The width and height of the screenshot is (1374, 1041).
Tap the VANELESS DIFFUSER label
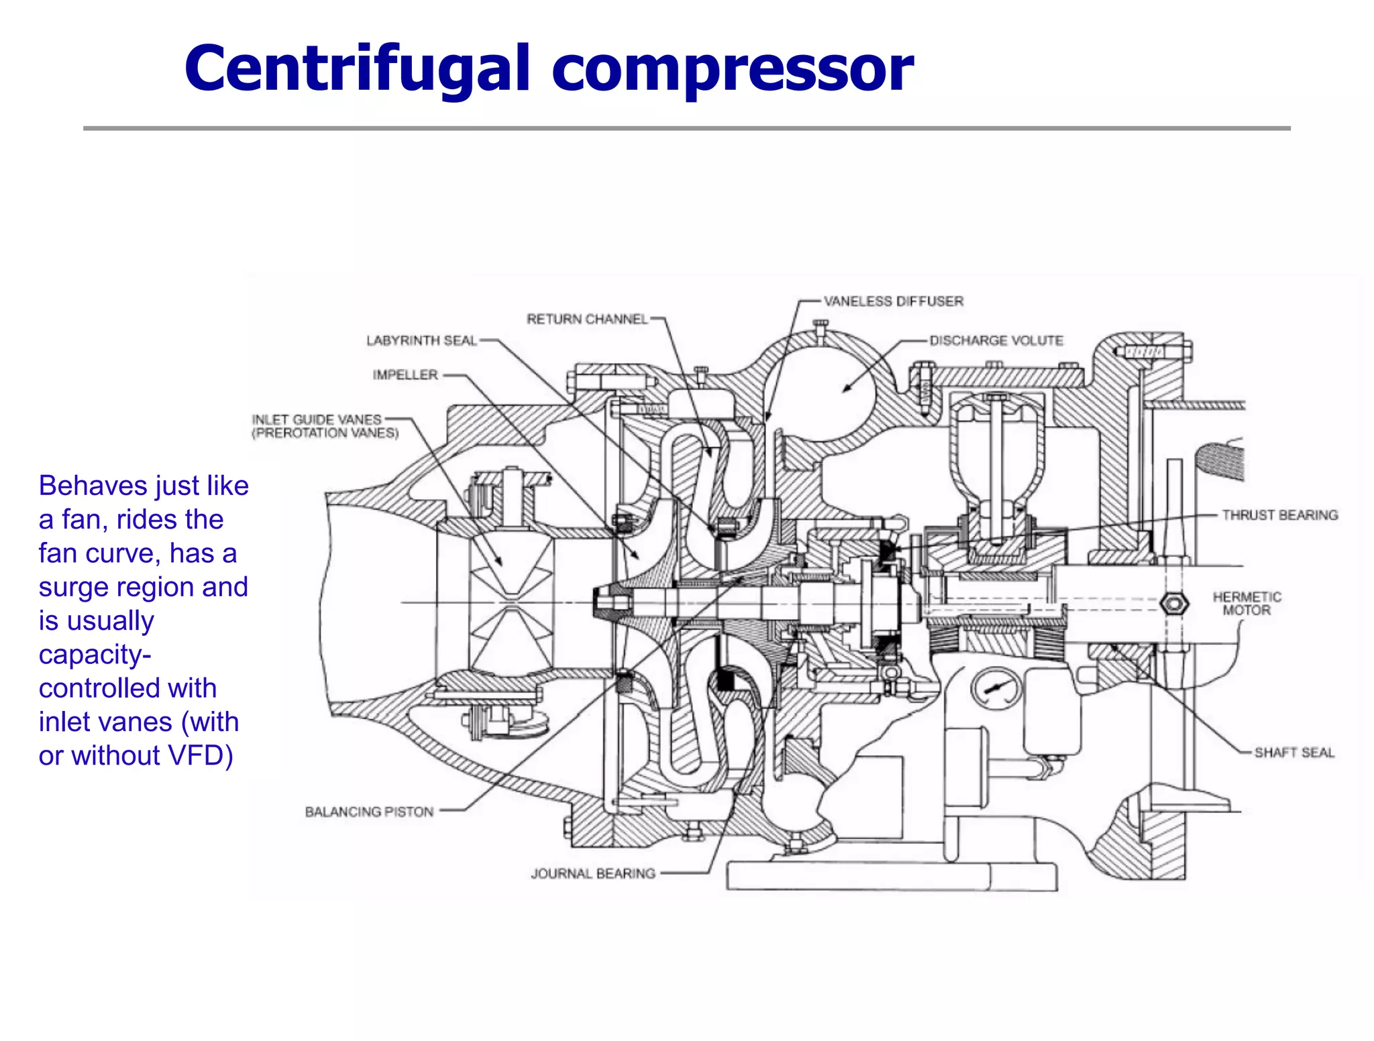[893, 302]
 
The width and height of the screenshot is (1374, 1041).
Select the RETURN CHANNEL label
[587, 319]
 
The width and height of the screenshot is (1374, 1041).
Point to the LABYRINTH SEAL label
[421, 341]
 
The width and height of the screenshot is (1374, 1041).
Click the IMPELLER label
[405, 375]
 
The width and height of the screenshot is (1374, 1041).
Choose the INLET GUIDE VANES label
[317, 420]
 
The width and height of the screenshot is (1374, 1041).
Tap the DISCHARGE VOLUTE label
[996, 341]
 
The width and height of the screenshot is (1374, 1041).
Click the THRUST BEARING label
[1279, 515]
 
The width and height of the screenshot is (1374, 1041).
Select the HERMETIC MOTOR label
[1247, 604]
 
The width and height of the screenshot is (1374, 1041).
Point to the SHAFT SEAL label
[1294, 753]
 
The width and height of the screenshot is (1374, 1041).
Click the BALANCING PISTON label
[369, 812]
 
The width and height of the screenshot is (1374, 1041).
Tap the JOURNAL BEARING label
[593, 873]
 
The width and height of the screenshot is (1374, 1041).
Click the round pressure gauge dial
[996, 688]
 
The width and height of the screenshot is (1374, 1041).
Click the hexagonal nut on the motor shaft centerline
[1174, 603]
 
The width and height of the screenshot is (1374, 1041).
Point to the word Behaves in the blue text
[89, 486]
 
